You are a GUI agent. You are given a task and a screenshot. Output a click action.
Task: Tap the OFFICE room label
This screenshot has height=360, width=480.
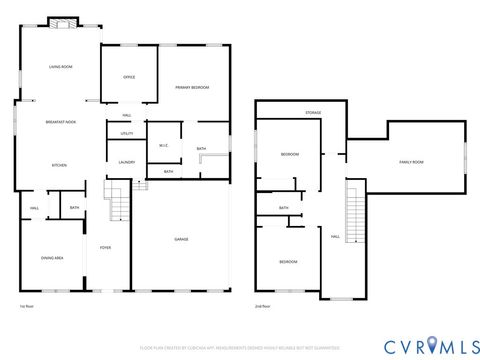pyautogui.click(x=129, y=77)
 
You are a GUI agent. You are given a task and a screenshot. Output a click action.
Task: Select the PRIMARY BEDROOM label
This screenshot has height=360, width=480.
pyautogui.click(x=192, y=88)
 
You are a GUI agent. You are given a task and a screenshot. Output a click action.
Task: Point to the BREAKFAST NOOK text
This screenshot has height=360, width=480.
pyautogui.click(x=60, y=122)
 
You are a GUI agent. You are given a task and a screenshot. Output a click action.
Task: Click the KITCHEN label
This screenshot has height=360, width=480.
pyautogui.click(x=59, y=165)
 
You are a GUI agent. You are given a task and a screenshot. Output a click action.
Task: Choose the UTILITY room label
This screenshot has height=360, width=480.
pyautogui.click(x=127, y=133)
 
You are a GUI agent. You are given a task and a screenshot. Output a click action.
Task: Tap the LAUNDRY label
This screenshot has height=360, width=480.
pyautogui.click(x=127, y=162)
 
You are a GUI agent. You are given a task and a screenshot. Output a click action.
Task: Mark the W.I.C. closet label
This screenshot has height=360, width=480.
pyautogui.click(x=164, y=146)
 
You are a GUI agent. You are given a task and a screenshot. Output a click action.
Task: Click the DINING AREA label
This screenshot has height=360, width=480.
pyautogui.click(x=53, y=258)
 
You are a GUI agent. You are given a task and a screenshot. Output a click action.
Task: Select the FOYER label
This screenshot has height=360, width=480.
pyautogui.click(x=104, y=248)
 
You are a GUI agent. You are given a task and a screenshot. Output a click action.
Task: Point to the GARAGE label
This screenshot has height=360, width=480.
pyautogui.click(x=182, y=240)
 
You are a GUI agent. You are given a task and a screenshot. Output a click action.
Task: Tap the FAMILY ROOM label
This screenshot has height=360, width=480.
pyautogui.click(x=411, y=161)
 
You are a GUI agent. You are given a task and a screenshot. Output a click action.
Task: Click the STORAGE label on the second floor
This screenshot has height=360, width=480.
pyautogui.click(x=313, y=114)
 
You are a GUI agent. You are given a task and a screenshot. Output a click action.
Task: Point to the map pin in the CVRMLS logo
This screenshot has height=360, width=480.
pyautogui.click(x=432, y=345)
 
